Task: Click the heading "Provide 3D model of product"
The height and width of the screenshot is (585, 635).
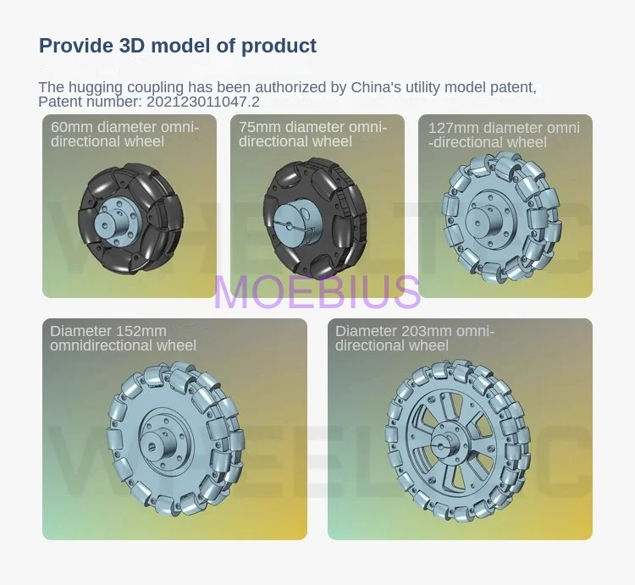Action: (x=178, y=46)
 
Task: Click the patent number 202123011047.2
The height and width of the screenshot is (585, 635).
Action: (x=203, y=102)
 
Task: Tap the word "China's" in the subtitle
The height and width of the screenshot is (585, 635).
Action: (x=376, y=87)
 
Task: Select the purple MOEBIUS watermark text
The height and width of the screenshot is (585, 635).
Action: (x=317, y=291)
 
